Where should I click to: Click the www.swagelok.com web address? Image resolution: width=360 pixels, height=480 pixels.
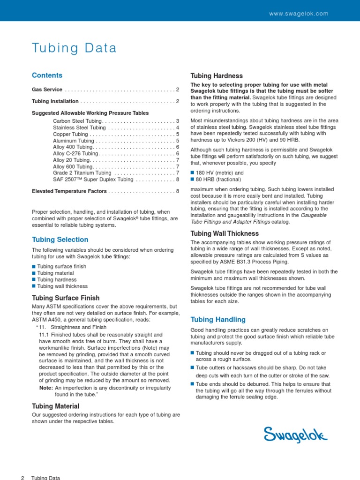(x=299, y=14)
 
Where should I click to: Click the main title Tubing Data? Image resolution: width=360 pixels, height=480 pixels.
(x=74, y=48)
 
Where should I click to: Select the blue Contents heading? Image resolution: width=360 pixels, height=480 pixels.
(x=47, y=75)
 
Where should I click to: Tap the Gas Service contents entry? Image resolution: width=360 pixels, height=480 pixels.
(x=47, y=89)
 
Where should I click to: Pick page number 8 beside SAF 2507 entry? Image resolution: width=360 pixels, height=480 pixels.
(x=178, y=180)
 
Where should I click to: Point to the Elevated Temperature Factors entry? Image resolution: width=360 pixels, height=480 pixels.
(x=69, y=191)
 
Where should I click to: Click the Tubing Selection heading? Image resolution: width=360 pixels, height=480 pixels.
(x=60, y=240)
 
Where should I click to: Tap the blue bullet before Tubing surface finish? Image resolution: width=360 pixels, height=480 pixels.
(x=34, y=267)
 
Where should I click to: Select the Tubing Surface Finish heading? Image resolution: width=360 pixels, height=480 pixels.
(x=66, y=298)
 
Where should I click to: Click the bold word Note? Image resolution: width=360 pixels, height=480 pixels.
(x=46, y=388)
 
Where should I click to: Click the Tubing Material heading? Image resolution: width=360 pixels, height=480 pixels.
(x=55, y=406)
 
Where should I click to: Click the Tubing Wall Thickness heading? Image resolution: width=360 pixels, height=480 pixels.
(x=225, y=233)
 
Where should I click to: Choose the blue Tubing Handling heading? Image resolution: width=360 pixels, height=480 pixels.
(x=218, y=320)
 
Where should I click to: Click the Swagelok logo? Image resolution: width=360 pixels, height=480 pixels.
(x=295, y=435)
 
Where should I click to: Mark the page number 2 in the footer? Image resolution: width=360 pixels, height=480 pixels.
(x=23, y=478)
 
